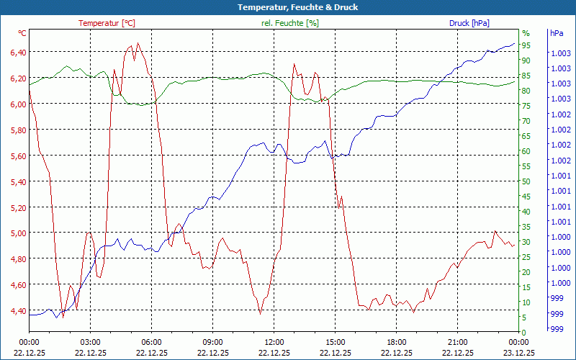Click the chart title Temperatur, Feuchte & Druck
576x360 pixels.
pos(288,7)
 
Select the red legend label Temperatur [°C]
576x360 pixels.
pos(107,23)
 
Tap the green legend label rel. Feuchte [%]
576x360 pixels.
pos(289,23)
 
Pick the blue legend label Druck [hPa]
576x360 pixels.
pos(469,23)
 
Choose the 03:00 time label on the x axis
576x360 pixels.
pos(90,342)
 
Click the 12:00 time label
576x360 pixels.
pos(274,342)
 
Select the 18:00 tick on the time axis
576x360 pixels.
pos(397,342)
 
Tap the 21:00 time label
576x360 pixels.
pos(458,342)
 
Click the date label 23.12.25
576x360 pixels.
pos(519,353)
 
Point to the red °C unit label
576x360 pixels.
pos(22,33)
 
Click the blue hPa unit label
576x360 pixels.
pos(557,33)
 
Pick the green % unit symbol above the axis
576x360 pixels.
pos(526,33)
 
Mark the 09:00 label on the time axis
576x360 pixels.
pos(213,342)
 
